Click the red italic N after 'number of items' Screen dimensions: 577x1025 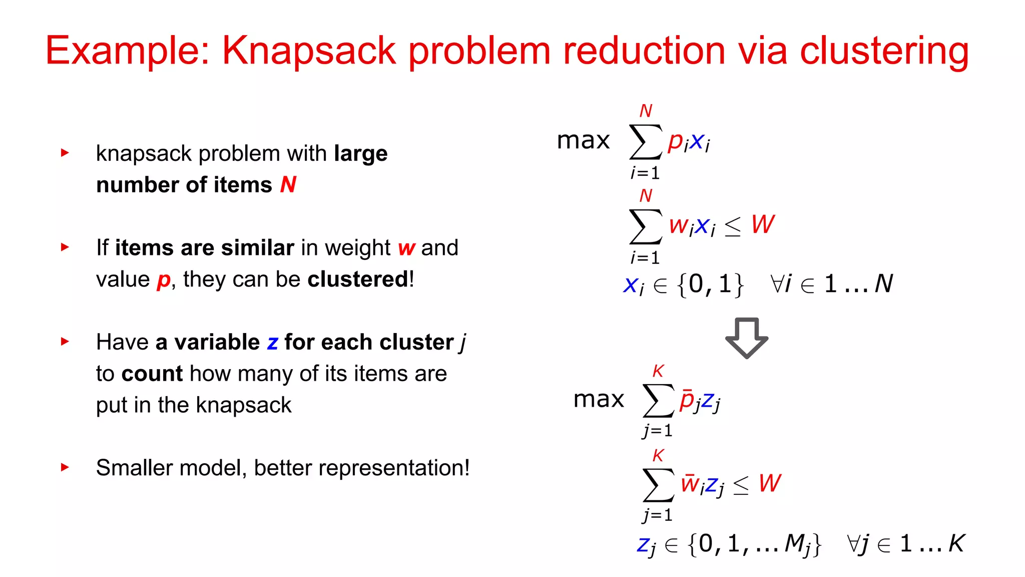288,184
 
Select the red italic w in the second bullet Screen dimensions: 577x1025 406,248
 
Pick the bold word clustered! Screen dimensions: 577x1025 360,279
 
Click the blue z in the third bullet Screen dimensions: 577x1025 272,343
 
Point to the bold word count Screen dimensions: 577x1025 152,374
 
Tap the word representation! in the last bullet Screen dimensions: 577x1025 394,468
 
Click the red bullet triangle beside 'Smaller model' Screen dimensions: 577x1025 65,467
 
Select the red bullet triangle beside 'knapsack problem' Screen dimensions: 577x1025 65,152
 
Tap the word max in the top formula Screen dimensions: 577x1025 583,140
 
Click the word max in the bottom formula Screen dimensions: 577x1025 599,399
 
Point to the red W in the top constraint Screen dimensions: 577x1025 762,224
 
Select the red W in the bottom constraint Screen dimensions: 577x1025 769,483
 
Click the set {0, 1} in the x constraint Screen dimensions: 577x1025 710,284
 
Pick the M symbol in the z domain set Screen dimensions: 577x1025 795,543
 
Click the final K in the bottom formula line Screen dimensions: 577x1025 956,543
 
